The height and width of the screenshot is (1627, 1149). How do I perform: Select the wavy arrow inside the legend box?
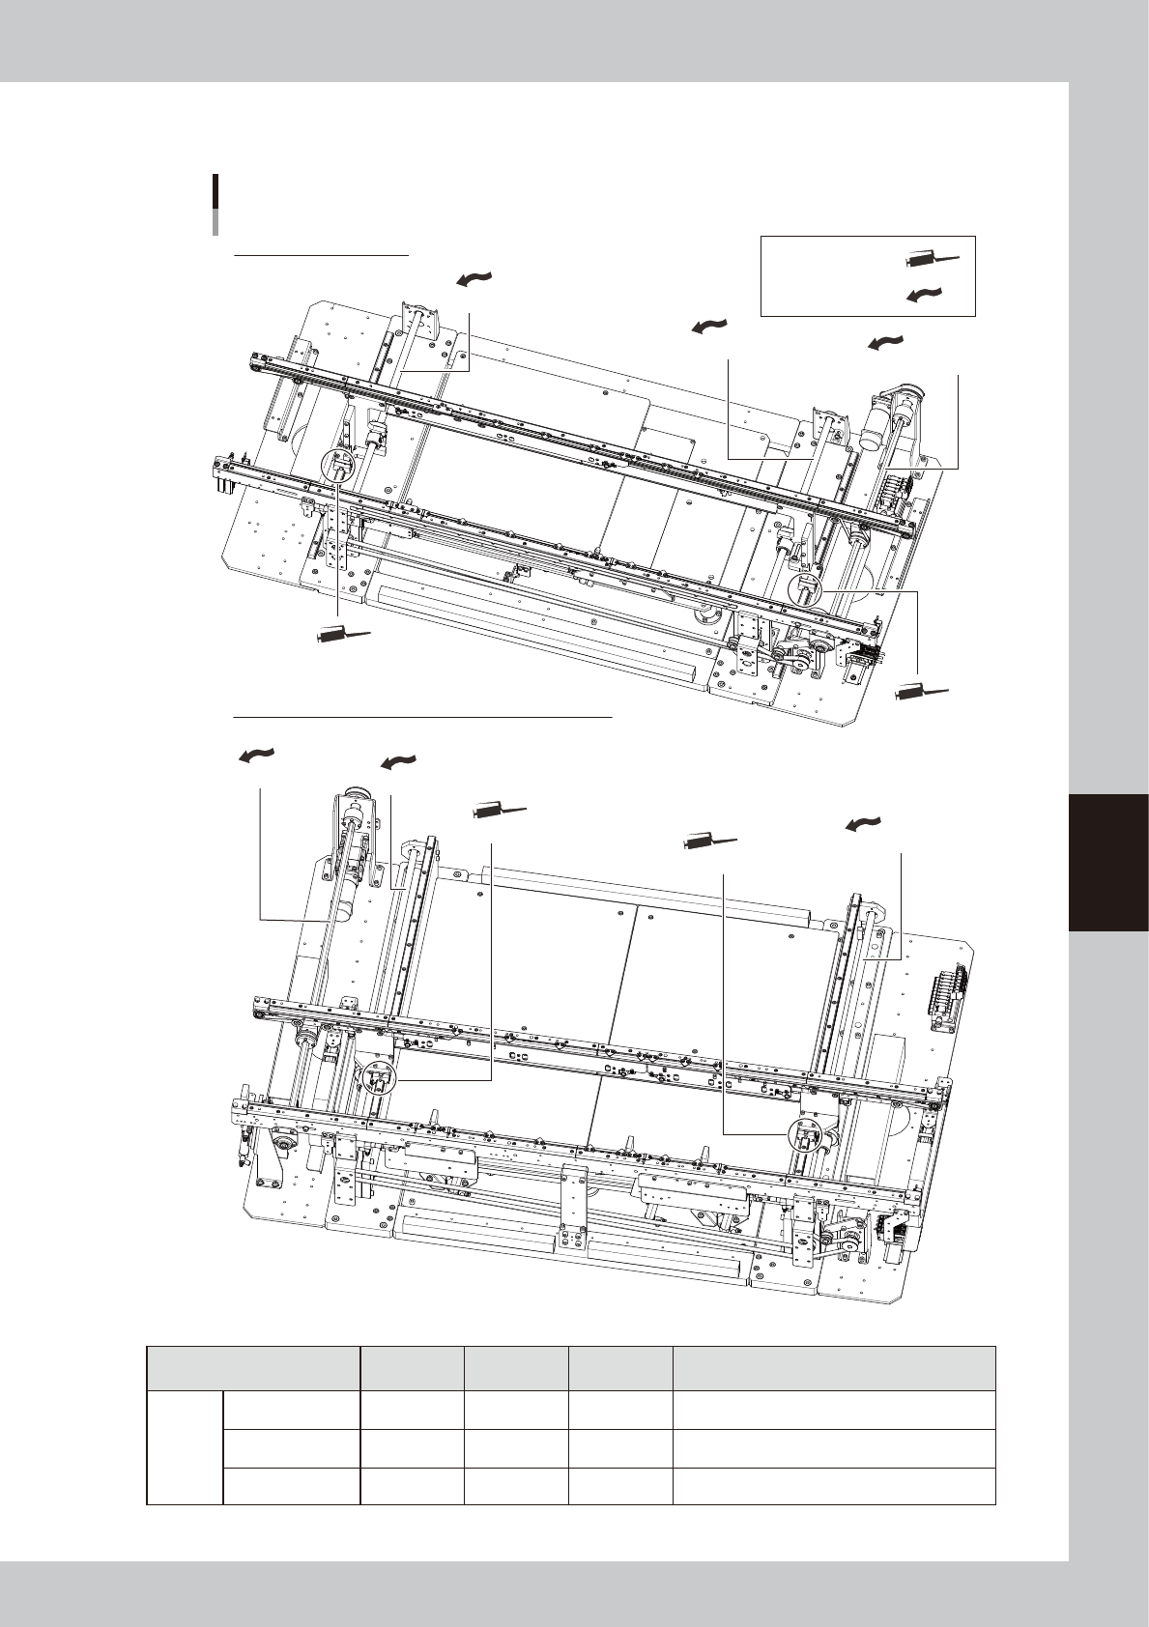point(925,295)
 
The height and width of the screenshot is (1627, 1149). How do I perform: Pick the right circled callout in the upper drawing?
point(806,590)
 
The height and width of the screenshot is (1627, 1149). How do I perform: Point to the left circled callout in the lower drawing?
point(377,1078)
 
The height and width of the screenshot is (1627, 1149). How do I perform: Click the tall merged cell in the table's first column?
point(185,1447)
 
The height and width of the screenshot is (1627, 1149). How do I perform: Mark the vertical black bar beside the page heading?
point(215,205)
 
